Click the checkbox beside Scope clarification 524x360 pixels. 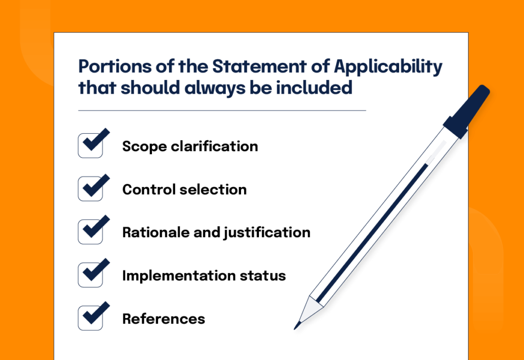tap(91, 146)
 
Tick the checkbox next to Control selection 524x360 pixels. tap(91, 189)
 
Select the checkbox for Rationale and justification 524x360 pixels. tap(91, 232)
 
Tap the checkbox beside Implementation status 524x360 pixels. tap(91, 275)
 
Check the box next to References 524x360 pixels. tap(91, 318)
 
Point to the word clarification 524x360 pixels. tap(214, 146)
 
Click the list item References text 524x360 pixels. tap(164, 319)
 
